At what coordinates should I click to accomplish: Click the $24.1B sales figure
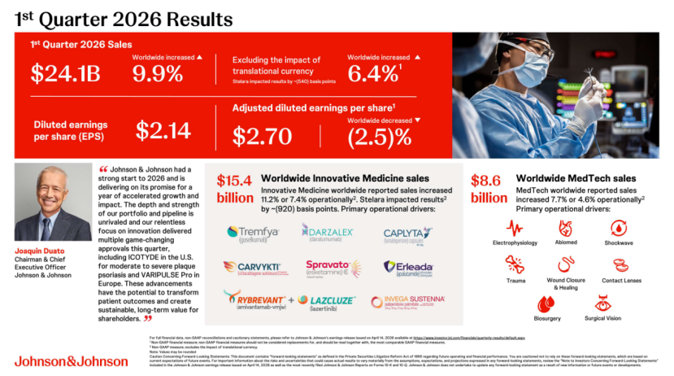65,74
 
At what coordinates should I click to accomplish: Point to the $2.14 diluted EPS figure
163,130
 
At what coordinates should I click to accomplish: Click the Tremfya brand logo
254,234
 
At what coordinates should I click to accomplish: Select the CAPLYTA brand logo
409,234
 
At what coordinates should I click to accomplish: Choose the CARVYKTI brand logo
254,268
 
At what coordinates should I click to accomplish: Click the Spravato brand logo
332,268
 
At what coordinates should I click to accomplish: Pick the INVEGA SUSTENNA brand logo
408,302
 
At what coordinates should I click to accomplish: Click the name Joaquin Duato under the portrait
38,251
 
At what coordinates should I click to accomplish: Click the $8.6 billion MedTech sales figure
490,189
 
